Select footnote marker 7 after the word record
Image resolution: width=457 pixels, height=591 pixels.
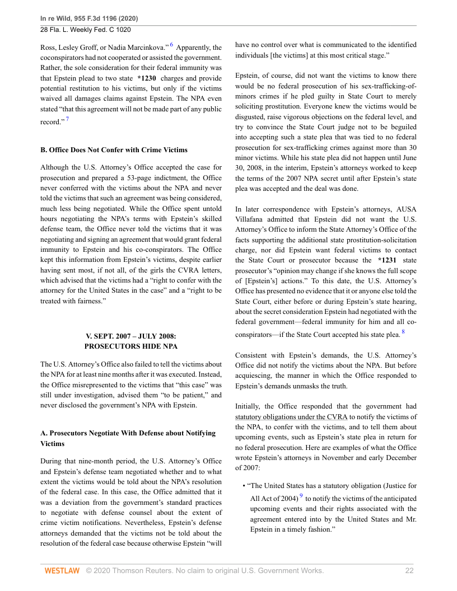(68, 119)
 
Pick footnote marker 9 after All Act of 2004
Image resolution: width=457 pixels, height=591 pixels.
(300, 495)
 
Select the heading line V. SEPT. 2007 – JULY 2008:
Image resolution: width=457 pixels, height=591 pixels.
(130, 336)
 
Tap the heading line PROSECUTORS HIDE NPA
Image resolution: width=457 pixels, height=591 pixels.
(130, 347)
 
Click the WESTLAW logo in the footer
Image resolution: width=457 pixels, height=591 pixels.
(62, 570)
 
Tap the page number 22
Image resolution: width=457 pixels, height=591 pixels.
(410, 570)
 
